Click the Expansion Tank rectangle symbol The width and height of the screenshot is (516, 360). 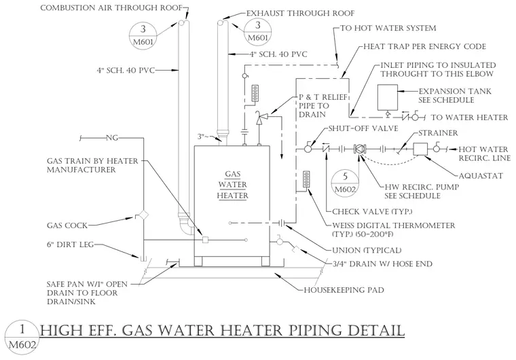[x=387, y=97]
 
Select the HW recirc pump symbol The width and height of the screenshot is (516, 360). [x=359, y=149]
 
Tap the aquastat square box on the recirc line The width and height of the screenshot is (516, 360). [x=420, y=149]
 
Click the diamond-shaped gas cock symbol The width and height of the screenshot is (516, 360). [x=143, y=215]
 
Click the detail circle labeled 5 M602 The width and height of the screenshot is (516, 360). [x=345, y=183]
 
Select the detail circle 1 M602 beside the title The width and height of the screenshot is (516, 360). [x=22, y=338]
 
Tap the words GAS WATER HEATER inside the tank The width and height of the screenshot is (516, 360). [x=233, y=185]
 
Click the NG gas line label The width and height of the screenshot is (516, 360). [x=112, y=138]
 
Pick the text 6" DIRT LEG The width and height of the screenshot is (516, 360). [x=70, y=245]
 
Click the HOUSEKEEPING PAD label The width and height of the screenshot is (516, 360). [x=344, y=290]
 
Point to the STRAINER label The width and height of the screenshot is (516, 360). [x=438, y=132]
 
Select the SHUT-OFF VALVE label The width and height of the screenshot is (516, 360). [x=363, y=128]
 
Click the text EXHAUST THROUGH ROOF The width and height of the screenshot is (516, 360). [x=301, y=13]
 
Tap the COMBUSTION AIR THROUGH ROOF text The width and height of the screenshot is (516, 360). [x=111, y=7]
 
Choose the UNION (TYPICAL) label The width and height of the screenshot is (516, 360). [x=367, y=251]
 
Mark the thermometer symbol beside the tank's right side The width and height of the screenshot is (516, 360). [x=307, y=179]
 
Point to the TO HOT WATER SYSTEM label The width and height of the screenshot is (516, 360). [x=388, y=28]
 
